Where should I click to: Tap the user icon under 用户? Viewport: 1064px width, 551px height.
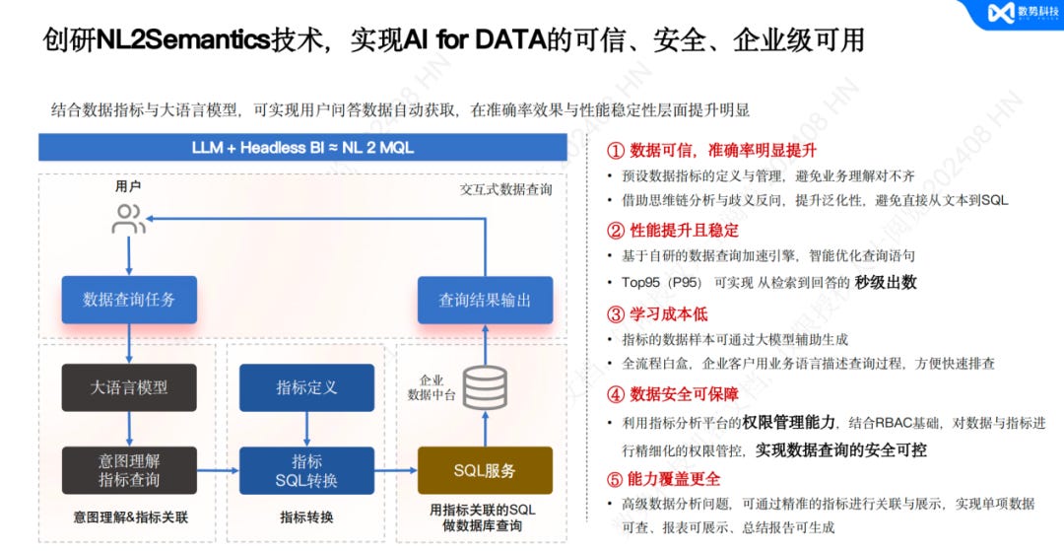129,219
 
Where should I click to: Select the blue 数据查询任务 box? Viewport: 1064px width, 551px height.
129,300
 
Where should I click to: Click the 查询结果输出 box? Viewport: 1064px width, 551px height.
485,300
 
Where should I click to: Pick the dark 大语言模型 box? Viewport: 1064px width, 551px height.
129,387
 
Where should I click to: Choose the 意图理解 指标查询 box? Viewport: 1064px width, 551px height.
129,470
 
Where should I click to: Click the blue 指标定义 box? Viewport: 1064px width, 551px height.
306,387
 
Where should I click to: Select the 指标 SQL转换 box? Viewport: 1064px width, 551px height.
306,470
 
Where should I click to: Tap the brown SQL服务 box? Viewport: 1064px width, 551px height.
485,470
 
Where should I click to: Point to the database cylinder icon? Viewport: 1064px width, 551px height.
485,387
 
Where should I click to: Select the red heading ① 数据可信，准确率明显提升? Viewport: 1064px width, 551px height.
711,151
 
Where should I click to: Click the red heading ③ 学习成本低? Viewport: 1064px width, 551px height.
657,314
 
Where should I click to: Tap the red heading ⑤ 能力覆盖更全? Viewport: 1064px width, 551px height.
663,479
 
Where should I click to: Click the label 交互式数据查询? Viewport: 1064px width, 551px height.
505,189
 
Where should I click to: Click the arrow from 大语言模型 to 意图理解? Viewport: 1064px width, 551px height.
129,429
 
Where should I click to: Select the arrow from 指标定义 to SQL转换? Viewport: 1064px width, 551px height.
306,429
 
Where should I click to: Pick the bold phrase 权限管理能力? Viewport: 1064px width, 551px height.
791,423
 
